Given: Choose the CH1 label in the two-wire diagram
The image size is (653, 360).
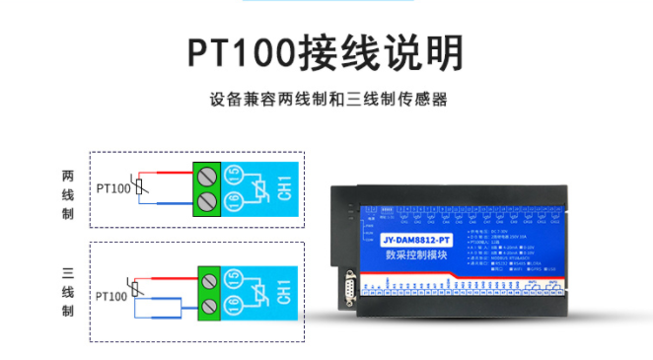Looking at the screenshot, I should (284, 189).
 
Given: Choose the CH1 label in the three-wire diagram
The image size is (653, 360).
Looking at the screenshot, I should (284, 294).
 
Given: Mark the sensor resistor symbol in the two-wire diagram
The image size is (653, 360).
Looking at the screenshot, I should (141, 187).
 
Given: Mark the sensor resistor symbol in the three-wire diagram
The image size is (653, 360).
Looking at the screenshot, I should (141, 293).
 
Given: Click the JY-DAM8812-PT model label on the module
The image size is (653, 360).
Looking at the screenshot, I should (413, 240).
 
